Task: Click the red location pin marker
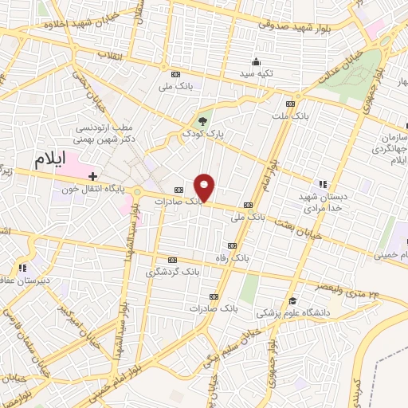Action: pyautogui.click(x=205, y=188)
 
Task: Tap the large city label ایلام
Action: pyautogui.click(x=49, y=159)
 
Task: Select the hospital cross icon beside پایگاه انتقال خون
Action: pyautogui.click(x=93, y=175)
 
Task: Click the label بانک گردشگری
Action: pyautogui.click(x=171, y=273)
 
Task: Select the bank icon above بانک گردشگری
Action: pyautogui.click(x=172, y=260)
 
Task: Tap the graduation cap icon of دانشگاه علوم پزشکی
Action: pyautogui.click(x=294, y=300)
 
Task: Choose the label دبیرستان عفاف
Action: pyautogui.click(x=25, y=280)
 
